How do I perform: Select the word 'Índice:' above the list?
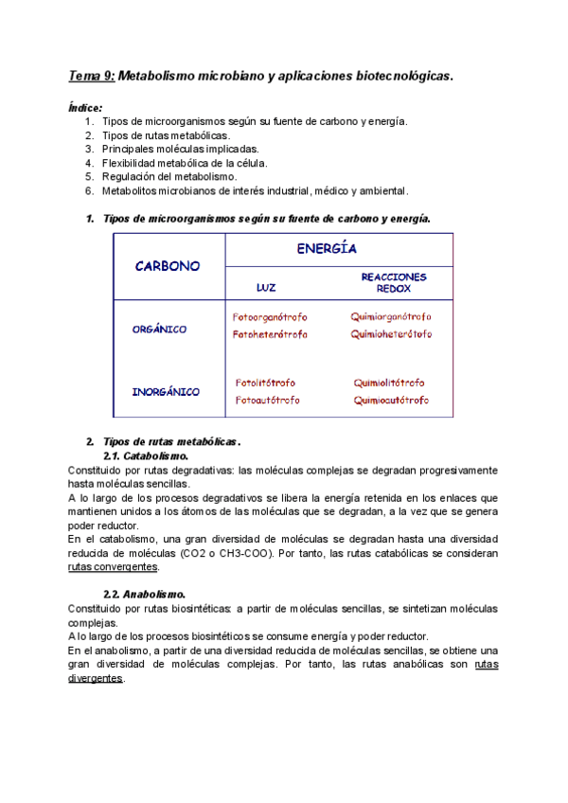tap(86, 108)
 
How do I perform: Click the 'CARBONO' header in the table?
tap(168, 266)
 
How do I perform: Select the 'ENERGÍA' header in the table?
tap(327, 249)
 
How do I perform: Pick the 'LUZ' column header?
tap(267, 286)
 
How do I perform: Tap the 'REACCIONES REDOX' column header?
tap(394, 282)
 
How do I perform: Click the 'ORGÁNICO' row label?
tap(159, 330)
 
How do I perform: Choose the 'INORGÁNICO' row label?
tap(165, 391)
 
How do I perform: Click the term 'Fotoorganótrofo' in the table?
tap(270, 317)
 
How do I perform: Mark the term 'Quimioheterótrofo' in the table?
tap(391, 334)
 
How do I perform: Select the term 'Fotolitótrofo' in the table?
tap(265, 383)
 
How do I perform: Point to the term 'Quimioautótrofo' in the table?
tap(390, 400)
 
